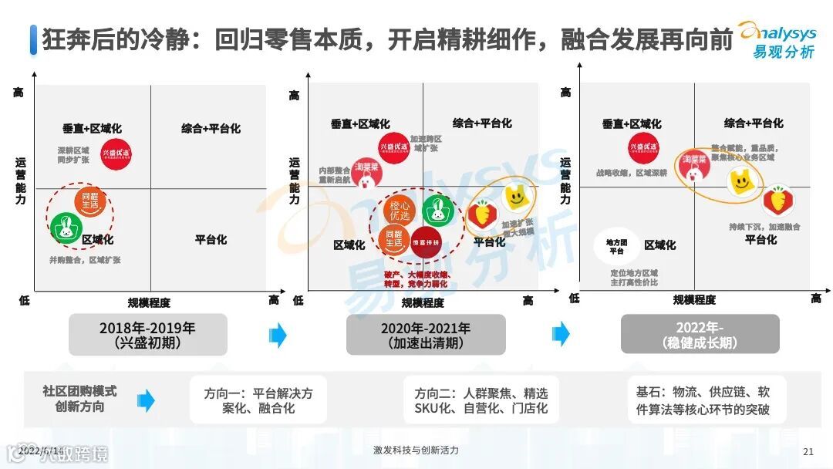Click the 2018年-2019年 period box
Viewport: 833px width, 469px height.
point(147,334)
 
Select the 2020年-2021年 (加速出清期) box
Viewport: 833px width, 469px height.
point(425,334)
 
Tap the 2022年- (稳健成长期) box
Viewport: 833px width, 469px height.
point(700,334)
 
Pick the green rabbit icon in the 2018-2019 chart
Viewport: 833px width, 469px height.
point(66,228)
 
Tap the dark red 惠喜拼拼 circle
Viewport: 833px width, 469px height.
point(425,241)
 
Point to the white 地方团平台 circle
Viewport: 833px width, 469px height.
point(617,246)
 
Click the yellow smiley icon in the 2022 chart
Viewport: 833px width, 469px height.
point(741,182)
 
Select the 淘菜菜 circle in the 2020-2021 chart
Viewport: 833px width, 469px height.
point(367,173)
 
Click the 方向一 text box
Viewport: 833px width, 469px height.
point(258,400)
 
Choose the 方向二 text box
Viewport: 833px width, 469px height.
point(481,400)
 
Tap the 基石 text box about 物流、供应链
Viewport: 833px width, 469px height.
point(702,400)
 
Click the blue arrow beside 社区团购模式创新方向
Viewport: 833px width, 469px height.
point(146,400)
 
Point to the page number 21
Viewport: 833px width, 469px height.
point(808,452)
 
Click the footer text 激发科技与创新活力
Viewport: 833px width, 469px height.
point(415,450)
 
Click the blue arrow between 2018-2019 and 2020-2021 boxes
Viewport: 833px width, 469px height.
point(278,335)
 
